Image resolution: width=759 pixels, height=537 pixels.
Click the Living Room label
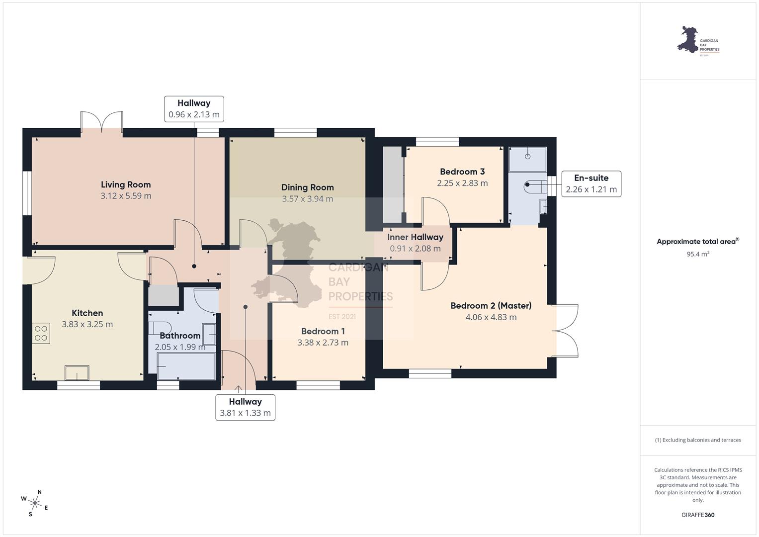[126, 184]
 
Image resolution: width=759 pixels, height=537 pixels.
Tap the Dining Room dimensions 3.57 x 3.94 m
[307, 199]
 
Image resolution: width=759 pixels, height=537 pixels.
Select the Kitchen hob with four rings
[41, 333]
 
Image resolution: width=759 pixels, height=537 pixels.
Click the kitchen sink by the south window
[77, 373]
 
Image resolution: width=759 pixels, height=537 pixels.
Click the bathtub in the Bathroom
[186, 366]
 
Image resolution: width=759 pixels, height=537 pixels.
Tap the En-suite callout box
[591, 184]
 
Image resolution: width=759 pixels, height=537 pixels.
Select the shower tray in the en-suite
[527, 159]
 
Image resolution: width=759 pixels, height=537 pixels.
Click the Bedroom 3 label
[462, 172]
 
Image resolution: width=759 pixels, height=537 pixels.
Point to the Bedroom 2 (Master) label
[491, 305]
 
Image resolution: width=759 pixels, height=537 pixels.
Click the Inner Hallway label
[415, 237]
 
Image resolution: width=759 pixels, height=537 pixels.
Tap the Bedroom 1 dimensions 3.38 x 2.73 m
[323, 343]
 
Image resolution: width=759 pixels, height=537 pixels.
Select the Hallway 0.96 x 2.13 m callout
[194, 109]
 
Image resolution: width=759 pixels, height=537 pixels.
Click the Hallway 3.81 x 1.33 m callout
[246, 408]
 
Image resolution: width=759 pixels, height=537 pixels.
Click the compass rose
[35, 503]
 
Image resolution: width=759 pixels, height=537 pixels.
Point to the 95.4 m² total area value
[698, 254]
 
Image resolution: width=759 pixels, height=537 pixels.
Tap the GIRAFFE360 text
[698, 515]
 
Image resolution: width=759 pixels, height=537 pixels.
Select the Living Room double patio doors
[102, 122]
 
